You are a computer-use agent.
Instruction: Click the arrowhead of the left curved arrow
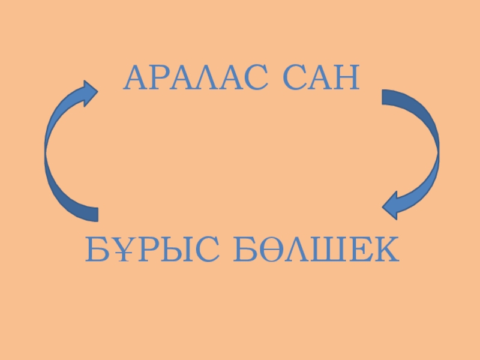90,93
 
